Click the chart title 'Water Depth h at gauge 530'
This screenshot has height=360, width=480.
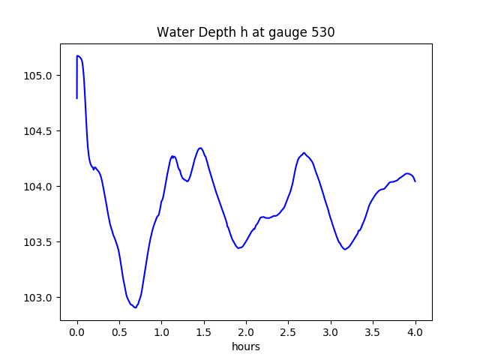click(245, 33)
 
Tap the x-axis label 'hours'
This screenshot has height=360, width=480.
click(246, 347)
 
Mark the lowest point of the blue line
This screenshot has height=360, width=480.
click(135, 307)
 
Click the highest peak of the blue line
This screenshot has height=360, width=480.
click(78, 55)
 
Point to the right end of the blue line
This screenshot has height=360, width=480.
click(415, 181)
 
